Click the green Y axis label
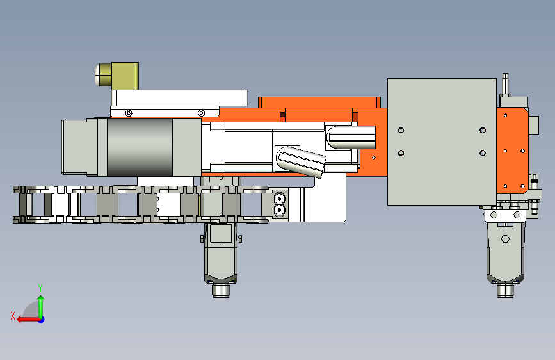[40, 288]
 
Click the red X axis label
[13, 316]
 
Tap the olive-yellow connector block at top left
[125, 76]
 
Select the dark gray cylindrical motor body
[140, 147]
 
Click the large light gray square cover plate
[442, 142]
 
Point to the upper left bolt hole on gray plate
[401, 131]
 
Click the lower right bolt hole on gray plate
[483, 153]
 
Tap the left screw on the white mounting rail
[129, 113]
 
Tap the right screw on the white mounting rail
[201, 113]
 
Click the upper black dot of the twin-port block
[280, 199]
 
